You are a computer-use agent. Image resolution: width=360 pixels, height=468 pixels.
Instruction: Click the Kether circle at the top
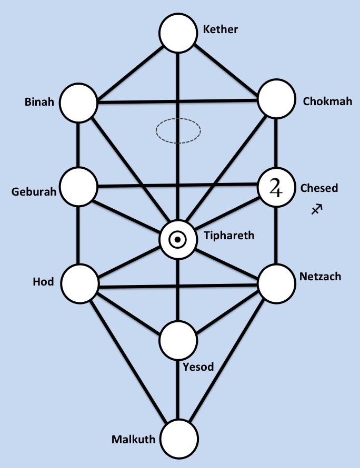[x=179, y=33]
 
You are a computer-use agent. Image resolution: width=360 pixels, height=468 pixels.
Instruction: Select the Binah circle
[x=79, y=102]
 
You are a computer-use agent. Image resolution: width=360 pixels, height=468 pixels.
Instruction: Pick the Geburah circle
[x=79, y=186]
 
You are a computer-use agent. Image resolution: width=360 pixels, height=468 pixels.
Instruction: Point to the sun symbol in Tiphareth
[x=178, y=240]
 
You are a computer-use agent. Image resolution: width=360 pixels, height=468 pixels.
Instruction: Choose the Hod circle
[x=79, y=283]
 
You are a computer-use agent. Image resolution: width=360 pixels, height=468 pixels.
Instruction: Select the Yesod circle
[x=178, y=340]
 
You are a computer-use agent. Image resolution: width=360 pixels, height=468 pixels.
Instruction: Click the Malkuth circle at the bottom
[x=179, y=439]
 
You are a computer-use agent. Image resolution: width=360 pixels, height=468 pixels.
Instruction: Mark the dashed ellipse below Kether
[x=178, y=129]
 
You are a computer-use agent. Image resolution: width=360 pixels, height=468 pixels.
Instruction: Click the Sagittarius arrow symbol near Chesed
[x=316, y=209]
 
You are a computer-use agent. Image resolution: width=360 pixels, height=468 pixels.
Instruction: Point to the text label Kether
[x=221, y=29]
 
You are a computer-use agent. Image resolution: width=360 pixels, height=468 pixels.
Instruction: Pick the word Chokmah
[x=327, y=101]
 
